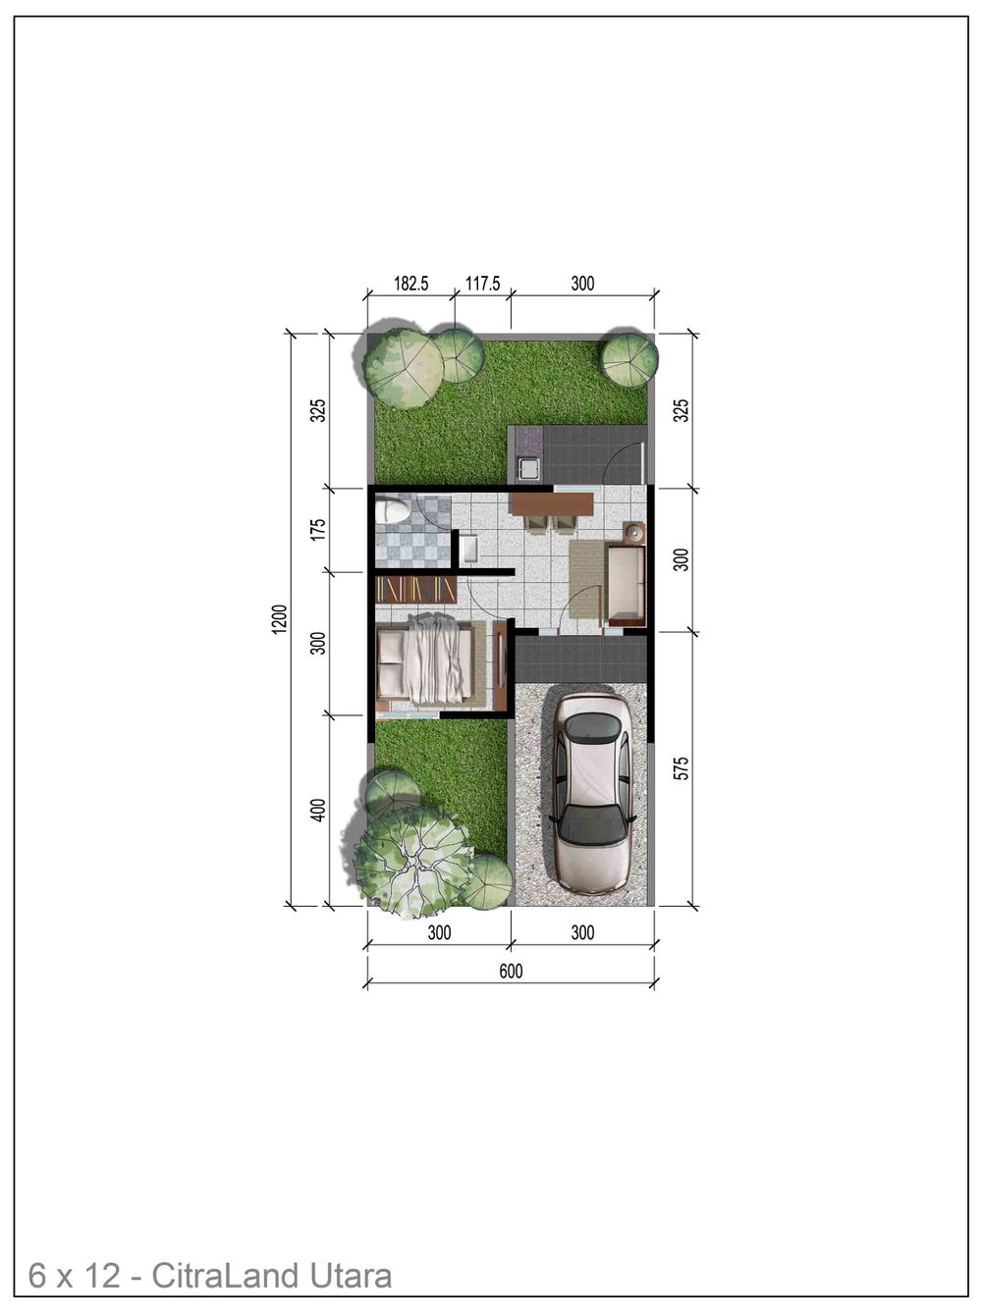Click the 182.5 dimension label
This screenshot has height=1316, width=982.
point(411,284)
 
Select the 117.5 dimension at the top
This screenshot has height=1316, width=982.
point(483,284)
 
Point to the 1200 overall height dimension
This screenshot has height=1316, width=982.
point(280,619)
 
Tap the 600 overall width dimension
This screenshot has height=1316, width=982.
point(511,972)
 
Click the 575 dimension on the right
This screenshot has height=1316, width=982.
point(682,767)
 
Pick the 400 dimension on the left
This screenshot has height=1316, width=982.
point(317,811)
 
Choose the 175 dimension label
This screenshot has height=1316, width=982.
point(317,530)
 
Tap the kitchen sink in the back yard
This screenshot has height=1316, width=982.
point(529,469)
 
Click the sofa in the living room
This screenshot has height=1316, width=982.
point(626,585)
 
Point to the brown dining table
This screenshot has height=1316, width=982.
point(553,504)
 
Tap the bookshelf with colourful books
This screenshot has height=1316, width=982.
point(415,589)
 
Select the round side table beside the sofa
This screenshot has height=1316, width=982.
point(634,534)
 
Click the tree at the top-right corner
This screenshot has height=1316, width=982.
point(628,359)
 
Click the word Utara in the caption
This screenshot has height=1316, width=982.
point(351,1276)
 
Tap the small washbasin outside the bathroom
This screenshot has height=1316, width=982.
point(468,548)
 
